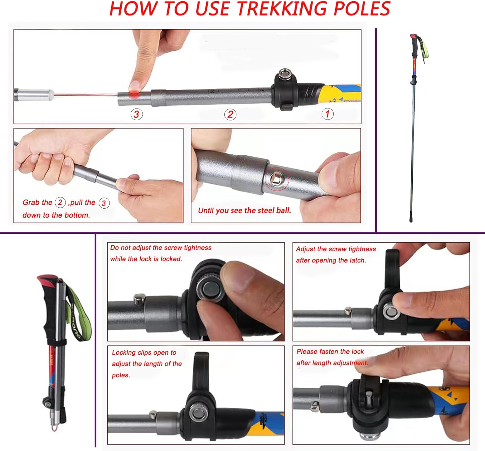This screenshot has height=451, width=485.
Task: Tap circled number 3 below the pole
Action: [x=136, y=114]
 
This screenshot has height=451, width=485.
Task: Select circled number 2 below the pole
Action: [x=230, y=114]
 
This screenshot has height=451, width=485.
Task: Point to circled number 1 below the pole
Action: [x=328, y=114]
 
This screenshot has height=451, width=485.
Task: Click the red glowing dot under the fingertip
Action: [x=134, y=94]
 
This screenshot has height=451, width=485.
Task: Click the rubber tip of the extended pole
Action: [x=411, y=218]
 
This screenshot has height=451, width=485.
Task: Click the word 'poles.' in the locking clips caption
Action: [x=121, y=375]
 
